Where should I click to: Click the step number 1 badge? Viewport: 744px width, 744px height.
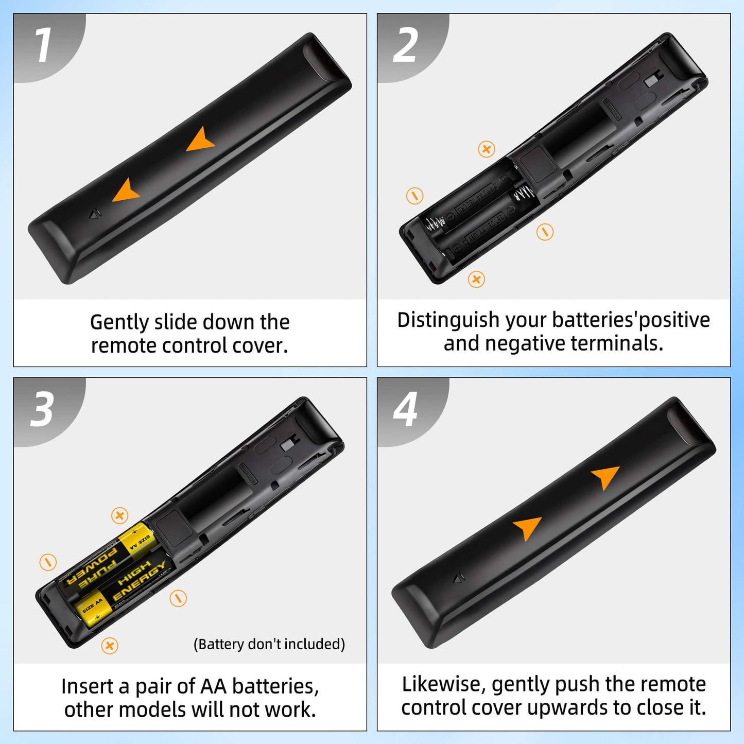click(x=43, y=45)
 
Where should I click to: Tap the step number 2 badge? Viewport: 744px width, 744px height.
click(x=405, y=45)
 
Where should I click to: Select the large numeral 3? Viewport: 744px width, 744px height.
click(x=42, y=409)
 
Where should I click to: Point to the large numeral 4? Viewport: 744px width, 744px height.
click(x=405, y=409)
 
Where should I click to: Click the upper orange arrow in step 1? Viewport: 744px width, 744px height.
click(x=200, y=140)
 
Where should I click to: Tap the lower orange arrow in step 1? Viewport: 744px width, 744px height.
click(x=126, y=191)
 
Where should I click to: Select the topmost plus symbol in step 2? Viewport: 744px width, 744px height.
click(x=486, y=149)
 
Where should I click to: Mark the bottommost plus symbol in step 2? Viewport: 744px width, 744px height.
click(x=476, y=279)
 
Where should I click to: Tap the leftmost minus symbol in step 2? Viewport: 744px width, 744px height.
click(x=414, y=196)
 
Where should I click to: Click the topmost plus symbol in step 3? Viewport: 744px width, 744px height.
click(x=119, y=515)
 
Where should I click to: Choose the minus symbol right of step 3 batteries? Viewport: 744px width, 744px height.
click(x=178, y=598)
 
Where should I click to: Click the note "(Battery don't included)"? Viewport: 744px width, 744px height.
click(x=269, y=644)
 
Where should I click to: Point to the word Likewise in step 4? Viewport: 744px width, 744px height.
click(x=443, y=684)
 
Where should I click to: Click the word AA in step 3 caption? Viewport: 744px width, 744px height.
click(x=214, y=686)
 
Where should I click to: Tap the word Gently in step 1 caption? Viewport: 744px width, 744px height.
click(x=119, y=322)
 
